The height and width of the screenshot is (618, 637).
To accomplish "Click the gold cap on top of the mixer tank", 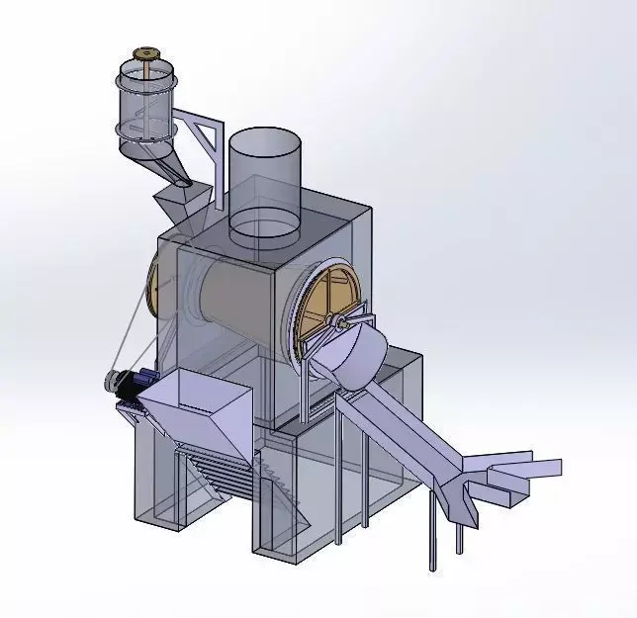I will click(x=148, y=52).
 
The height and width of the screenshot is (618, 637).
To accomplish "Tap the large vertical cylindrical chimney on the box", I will click(x=264, y=183).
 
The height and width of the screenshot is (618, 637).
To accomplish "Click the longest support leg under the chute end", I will click(x=431, y=534).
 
